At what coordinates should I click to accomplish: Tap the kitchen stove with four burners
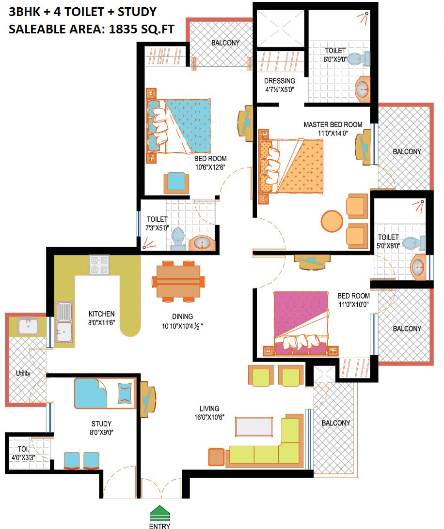click(99, 264)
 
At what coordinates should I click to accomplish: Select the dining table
click(178, 281)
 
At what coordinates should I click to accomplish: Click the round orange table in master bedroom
click(332, 221)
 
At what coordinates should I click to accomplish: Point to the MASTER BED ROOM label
click(333, 124)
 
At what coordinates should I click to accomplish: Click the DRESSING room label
click(280, 81)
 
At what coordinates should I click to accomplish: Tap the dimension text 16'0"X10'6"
click(209, 417)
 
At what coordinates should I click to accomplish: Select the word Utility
click(23, 373)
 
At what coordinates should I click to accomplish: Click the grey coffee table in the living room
click(254, 426)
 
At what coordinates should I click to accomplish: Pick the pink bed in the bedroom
click(301, 323)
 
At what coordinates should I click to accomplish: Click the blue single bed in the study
click(105, 393)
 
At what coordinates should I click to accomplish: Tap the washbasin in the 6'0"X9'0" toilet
click(363, 89)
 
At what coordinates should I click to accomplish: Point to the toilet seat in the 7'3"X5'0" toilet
click(178, 238)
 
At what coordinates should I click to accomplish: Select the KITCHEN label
click(101, 314)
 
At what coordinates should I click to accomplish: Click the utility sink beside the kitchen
click(28, 327)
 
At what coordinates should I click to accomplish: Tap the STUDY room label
click(101, 424)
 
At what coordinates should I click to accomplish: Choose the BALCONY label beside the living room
click(335, 423)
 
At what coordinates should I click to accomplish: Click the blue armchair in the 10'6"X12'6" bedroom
click(176, 183)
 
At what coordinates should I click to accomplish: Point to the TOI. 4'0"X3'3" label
click(23, 453)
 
